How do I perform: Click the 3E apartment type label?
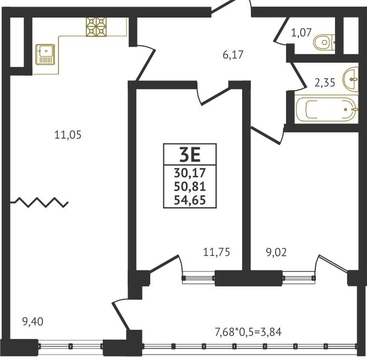point(190,156)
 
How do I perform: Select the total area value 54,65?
point(190,200)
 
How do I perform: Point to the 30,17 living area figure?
point(190,173)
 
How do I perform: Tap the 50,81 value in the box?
point(190,186)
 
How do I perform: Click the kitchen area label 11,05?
point(68,135)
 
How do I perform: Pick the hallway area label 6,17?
point(233,55)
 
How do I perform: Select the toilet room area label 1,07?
point(302,32)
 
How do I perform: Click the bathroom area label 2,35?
point(325,82)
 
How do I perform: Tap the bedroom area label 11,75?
point(216,252)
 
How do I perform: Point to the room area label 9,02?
point(276,253)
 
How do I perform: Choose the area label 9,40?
point(33,322)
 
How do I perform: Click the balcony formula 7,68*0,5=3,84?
point(248,332)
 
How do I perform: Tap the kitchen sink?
point(45,54)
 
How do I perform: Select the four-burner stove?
point(96,27)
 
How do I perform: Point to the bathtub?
point(327,109)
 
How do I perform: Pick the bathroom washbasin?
point(350,79)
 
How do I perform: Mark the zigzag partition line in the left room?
point(39,202)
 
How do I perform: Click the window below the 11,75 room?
point(199,278)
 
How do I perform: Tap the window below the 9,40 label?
point(70,346)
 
